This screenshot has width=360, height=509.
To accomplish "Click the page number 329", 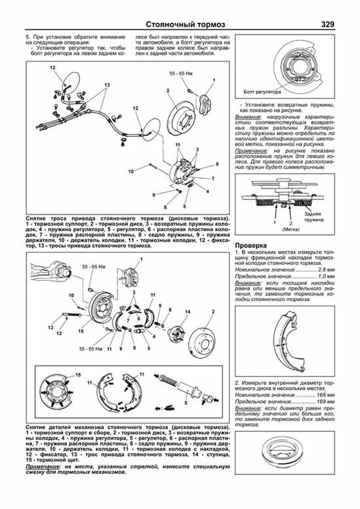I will tap(327, 25).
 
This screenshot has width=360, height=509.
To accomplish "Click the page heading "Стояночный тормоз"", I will tap(185, 25).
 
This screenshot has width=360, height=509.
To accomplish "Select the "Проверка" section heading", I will tap(251, 246).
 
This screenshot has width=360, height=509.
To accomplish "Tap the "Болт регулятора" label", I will tap(262, 92).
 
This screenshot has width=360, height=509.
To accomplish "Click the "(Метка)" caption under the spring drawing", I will tap(291, 229).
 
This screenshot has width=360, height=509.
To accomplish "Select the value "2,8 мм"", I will tap(326, 270).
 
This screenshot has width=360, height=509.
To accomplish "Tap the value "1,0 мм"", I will tap(326, 276).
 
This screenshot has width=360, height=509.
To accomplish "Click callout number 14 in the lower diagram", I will tap(187, 312).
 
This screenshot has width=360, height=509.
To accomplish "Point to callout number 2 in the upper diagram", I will tap(168, 91).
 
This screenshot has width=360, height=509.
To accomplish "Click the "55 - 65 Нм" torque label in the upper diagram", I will tap(181, 73).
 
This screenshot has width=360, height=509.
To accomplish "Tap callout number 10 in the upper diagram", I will tap(131, 172).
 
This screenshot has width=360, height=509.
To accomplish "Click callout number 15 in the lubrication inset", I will tap(78, 375).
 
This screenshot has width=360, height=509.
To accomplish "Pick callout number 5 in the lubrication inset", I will tap(186, 403).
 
